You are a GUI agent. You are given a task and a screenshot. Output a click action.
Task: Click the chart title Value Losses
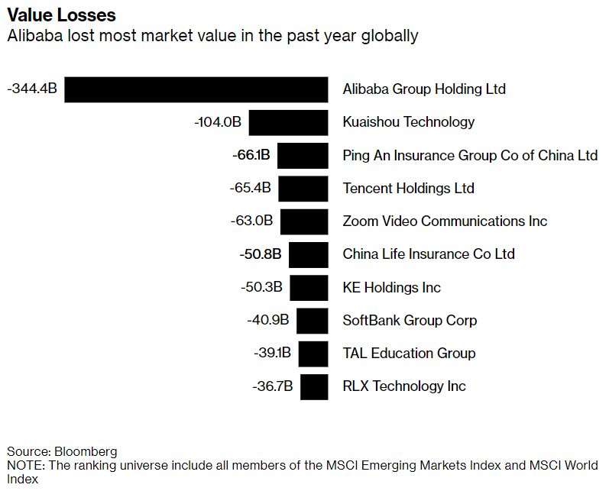pos(61,15)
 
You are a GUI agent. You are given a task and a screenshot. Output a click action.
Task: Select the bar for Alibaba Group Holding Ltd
pos(196,89)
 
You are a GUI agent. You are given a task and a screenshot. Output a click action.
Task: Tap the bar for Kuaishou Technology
pos(288,122)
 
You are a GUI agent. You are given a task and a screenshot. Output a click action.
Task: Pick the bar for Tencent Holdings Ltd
pos(303,188)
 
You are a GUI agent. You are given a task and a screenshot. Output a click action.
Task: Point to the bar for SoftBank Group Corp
pos(312,321)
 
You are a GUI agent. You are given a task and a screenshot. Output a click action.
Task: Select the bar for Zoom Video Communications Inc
pos(303,221)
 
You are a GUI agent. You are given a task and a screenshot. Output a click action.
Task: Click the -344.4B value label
pos(31,89)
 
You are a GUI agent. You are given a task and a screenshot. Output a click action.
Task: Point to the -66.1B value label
pos(251,155)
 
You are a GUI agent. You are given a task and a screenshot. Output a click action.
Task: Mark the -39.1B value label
pos(272,354)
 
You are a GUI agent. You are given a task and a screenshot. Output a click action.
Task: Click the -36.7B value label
pos(273,386)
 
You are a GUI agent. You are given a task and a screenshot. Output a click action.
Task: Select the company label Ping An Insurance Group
pos(470,155)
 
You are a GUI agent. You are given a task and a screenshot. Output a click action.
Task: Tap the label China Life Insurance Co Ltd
pos(429,254)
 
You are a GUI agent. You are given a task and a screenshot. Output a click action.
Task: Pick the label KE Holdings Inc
pos(391,287)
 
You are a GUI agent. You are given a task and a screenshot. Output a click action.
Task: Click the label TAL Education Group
pos(409,354)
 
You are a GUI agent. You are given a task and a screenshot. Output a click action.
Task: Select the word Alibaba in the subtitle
pos(32,36)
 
